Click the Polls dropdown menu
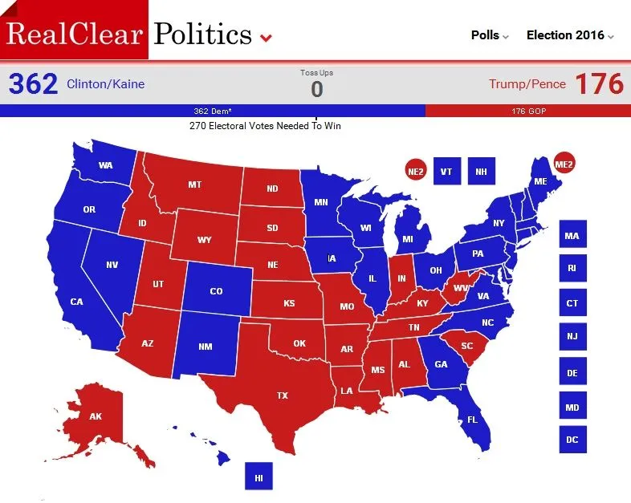tap(489, 35)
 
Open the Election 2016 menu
tap(570, 35)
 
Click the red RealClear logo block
tap(74, 30)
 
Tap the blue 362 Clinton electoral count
tap(33, 83)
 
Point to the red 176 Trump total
tap(600, 83)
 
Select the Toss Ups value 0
tap(316, 89)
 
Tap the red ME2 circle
tap(564, 164)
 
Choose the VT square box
tap(446, 171)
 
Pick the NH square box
tap(481, 171)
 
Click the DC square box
tap(572, 439)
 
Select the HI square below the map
tap(259, 477)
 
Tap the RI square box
tap(572, 268)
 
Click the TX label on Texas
tap(283, 396)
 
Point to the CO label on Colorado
tap(216, 291)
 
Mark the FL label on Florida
tap(473, 420)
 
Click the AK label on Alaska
tap(96, 416)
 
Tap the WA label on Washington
tap(105, 166)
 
